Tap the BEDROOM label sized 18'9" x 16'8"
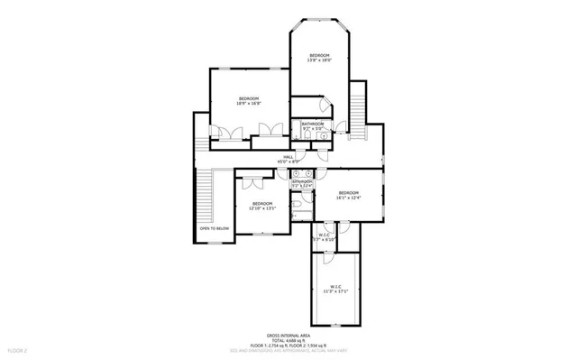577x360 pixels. click(x=249, y=98)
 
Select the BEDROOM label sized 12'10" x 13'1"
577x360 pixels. click(x=261, y=204)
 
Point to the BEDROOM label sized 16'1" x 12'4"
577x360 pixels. click(x=349, y=193)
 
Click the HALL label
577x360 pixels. click(x=288, y=157)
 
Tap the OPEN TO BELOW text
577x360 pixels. click(x=215, y=229)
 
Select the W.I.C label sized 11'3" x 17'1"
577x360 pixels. click(x=334, y=289)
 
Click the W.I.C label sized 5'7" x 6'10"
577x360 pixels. click(x=323, y=236)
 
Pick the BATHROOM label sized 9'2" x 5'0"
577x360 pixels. click(x=313, y=124)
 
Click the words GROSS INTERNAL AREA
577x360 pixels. click(x=288, y=333)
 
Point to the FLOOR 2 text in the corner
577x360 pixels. click(x=18, y=348)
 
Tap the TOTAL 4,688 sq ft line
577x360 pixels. click(x=288, y=338)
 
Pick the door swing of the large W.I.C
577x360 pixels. click(x=330, y=259)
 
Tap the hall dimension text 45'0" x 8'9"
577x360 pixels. click(x=288, y=162)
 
